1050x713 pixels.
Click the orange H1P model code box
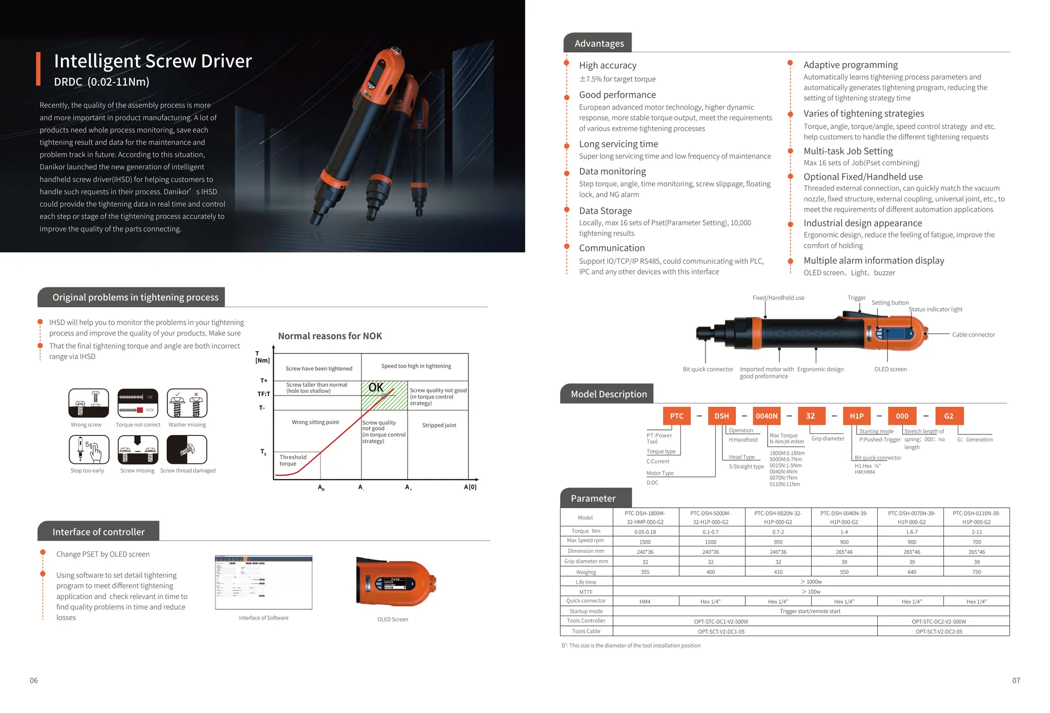(x=856, y=416)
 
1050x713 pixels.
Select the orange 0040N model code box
(x=766, y=416)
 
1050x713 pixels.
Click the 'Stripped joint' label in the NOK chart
(x=439, y=425)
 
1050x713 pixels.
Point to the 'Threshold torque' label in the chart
(x=293, y=460)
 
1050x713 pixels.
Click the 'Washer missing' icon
(x=187, y=403)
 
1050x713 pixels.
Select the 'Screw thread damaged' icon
(x=187, y=449)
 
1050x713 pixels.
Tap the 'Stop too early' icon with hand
(x=89, y=449)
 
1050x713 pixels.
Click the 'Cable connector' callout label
(x=973, y=335)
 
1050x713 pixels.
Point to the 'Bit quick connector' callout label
(x=708, y=369)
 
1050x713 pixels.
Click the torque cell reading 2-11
(x=976, y=532)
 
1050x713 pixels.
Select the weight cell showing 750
(x=976, y=572)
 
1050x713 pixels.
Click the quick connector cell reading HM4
(x=645, y=602)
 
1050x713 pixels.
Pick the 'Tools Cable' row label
(x=586, y=631)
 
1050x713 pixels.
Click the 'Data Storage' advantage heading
(x=605, y=211)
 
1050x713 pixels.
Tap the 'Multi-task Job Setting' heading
(x=848, y=151)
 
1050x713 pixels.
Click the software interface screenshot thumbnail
(x=264, y=582)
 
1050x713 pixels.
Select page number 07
(x=1016, y=681)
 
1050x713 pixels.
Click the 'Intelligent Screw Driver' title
(x=153, y=61)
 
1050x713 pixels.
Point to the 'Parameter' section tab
(x=593, y=499)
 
